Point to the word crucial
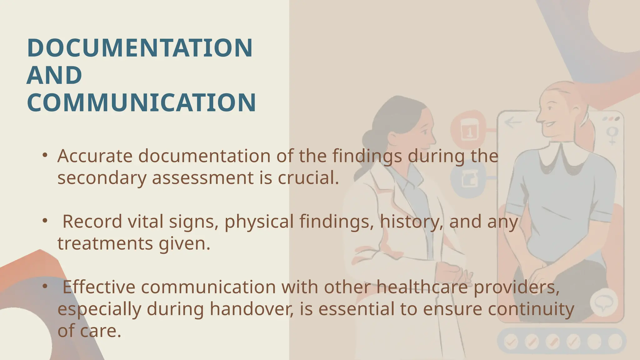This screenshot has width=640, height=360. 308,178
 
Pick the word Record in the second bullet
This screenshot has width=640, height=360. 92,222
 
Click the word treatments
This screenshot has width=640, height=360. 105,243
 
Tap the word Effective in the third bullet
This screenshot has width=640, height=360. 99,287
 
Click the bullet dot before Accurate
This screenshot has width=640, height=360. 45,155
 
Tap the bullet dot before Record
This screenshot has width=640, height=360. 45,221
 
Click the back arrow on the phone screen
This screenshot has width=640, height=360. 513,122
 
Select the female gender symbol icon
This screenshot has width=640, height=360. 612,135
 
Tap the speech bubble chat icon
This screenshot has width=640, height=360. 603,302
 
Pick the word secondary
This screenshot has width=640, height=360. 102,178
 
